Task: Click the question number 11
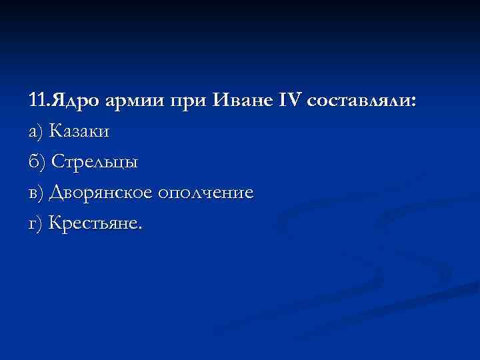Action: click(37, 101)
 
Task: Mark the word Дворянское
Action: click(100, 193)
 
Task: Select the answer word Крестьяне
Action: click(93, 224)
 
